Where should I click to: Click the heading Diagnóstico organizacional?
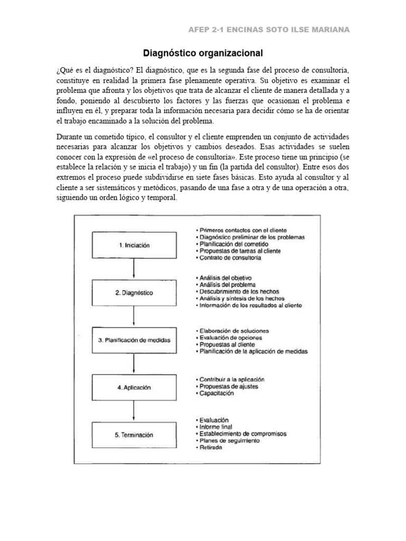[203, 53]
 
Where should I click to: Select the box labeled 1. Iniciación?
[134, 245]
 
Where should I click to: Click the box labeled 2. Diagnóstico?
[134, 292]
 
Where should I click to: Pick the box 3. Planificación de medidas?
[134, 340]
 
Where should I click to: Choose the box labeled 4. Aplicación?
[134, 387]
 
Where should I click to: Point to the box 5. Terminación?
[134, 435]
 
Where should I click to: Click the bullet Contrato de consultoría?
[229, 258]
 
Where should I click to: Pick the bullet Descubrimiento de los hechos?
[237, 292]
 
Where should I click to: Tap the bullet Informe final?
[216, 426]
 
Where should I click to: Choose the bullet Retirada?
[211, 447]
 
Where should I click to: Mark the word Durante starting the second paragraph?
[69, 137]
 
